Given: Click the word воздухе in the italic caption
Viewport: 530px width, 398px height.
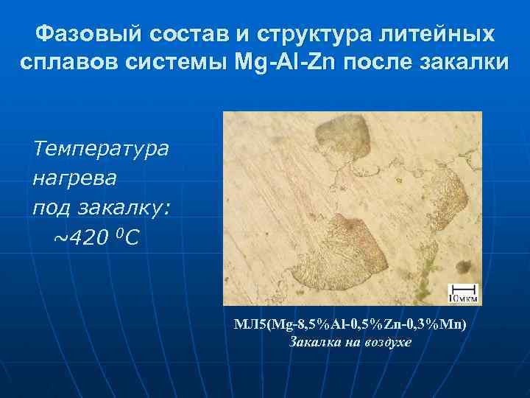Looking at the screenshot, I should click(386, 343).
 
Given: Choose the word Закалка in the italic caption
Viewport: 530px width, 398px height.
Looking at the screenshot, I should click(310, 343).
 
